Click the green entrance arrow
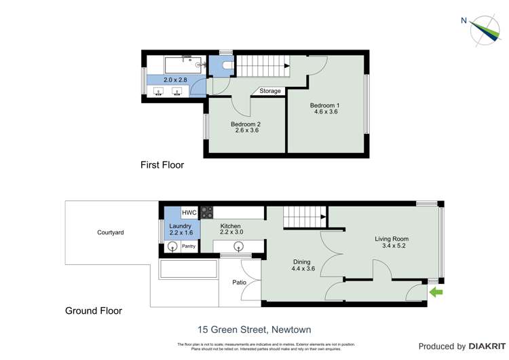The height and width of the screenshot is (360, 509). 436,293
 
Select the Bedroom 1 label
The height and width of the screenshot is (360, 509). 324,108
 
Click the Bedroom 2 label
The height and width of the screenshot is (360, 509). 246,127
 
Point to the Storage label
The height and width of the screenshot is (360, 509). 269,91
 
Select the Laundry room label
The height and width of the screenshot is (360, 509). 181,230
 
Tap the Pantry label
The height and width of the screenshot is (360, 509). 188,247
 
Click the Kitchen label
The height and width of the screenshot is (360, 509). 230,230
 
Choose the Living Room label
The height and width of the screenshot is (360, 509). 391,242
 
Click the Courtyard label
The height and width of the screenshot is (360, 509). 110,232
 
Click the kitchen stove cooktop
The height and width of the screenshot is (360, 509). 207,212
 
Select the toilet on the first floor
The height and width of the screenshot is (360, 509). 225,66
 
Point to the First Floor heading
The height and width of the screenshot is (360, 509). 162,165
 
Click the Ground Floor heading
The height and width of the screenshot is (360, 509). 94,311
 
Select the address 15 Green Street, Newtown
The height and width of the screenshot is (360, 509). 254,330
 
